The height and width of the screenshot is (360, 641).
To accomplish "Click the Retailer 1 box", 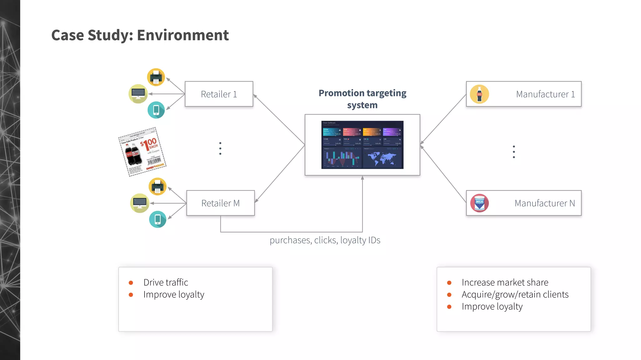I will coord(219,94).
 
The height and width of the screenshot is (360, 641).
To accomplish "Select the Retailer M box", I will coord(220,203).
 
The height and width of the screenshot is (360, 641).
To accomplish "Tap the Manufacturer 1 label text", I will coord(545,94).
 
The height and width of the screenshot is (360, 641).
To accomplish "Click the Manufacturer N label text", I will coord(545,203).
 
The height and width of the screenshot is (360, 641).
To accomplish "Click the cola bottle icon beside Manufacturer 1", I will coord(479,94).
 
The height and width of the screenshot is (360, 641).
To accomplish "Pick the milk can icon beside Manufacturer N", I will coord(479,203).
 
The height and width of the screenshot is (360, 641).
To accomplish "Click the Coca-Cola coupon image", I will coord(142,152).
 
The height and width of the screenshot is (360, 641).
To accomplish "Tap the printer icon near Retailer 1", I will coord(156,77).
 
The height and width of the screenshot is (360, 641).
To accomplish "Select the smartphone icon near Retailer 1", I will coord(156,110).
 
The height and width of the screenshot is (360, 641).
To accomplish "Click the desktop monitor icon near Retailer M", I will coord(140,203).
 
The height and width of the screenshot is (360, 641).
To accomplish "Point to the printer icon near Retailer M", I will coord(157,187).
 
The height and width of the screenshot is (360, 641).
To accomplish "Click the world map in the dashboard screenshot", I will coord(382,158).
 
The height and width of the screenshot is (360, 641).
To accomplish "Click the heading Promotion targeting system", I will coord(362,99).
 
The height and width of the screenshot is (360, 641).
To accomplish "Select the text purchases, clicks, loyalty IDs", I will coord(325,240).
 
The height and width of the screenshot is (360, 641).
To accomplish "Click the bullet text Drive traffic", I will coord(166,282).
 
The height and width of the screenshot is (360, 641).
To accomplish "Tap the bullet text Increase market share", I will coord(505,282).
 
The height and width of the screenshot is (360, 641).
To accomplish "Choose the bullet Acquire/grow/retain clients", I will coord(515,294).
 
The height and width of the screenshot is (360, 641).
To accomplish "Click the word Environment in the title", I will coord(183,35).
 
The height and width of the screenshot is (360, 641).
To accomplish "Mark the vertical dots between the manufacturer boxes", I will coord(514,152).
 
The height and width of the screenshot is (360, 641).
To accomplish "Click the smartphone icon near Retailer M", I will coord(157,219).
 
